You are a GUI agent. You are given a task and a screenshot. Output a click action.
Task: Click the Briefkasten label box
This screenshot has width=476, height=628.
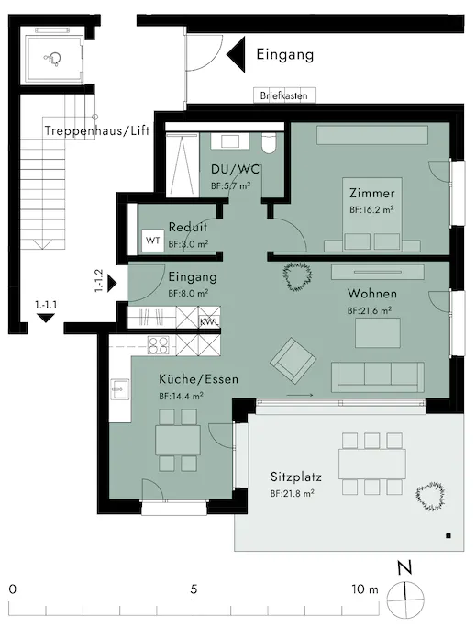(284, 95)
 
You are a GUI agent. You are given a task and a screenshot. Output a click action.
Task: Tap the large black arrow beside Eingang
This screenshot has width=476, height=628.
(236, 54)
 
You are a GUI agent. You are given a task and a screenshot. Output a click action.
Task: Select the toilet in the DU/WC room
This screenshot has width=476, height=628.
(269, 143)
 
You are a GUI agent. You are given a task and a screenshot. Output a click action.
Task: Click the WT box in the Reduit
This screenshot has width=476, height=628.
(153, 241)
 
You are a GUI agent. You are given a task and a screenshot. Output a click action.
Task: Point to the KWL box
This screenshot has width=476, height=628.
(209, 321)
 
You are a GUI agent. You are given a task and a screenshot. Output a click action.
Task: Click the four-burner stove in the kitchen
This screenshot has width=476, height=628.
(159, 345)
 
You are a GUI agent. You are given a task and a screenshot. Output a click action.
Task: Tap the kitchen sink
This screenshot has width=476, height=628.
(119, 389)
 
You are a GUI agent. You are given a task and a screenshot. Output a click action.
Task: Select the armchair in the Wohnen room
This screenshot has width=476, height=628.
(293, 361)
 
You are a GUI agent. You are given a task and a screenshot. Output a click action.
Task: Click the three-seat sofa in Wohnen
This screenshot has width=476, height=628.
(378, 376)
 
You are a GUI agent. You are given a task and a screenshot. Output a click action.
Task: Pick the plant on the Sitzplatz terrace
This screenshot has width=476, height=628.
(430, 496)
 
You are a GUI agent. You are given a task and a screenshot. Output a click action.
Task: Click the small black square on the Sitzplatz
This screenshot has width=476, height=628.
(448, 535)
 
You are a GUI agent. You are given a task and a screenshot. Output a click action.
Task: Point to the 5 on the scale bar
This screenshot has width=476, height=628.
(194, 589)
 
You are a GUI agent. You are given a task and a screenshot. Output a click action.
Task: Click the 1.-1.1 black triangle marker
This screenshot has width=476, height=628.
(47, 318)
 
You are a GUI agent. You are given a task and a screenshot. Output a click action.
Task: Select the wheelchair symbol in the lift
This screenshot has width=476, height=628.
(52, 60)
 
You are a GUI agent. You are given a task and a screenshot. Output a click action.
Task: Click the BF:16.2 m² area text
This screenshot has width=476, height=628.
(371, 209)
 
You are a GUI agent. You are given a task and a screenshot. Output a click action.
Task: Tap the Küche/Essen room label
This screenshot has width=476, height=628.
(198, 379)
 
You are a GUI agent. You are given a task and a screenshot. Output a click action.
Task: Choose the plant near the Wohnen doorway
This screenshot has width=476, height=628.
(297, 276)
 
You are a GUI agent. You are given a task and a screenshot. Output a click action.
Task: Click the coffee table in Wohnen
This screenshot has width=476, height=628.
(378, 332)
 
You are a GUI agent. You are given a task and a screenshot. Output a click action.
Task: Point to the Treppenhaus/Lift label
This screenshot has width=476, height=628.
(97, 130)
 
